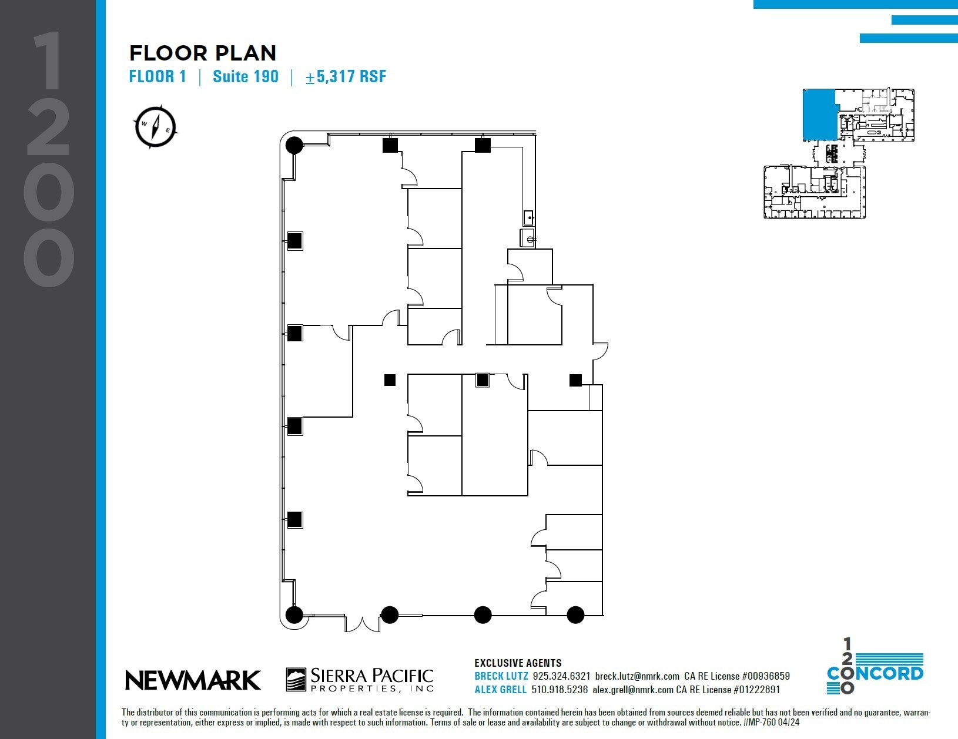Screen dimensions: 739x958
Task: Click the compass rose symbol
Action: point(155,126)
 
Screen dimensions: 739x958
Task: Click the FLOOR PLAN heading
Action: point(203,53)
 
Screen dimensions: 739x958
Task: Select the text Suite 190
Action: point(246,77)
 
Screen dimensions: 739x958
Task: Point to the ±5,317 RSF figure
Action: point(346,77)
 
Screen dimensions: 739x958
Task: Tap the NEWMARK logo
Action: point(193,680)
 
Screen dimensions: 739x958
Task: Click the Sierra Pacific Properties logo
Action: point(360,680)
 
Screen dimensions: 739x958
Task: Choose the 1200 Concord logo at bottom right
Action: point(875,667)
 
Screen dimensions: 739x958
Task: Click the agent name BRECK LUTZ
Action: point(501,677)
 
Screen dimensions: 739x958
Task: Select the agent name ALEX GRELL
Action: point(500,690)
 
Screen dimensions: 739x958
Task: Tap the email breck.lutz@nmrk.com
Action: point(637,677)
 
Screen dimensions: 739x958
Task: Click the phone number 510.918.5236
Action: point(560,690)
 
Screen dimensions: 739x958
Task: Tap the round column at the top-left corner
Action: point(294,145)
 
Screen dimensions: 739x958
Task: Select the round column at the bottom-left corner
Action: point(294,615)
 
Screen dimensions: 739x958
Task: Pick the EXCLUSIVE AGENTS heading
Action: point(518,663)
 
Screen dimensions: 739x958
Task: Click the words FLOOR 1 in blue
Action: point(158,77)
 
